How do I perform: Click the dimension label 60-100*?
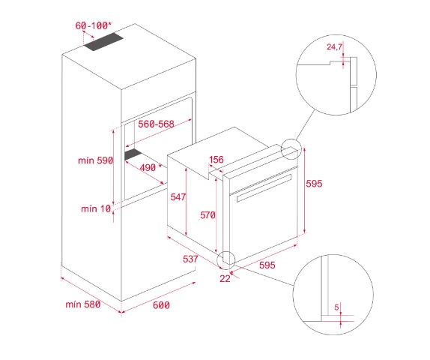93,25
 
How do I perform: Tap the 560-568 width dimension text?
156,124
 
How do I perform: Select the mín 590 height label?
95,160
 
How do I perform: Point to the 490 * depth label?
151,167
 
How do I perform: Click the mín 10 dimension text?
96,209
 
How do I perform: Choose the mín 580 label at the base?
83,304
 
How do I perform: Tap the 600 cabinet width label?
161,305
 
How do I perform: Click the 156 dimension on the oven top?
216,160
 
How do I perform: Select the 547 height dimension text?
178,197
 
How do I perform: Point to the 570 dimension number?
208,215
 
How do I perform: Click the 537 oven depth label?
190,259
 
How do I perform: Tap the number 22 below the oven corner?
225,279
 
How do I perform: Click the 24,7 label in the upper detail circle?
334,47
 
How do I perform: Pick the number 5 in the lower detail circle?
337,307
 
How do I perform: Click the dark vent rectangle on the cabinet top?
103,42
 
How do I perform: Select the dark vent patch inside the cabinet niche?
133,154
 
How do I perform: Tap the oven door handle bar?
264,188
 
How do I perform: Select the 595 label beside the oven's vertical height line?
315,184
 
